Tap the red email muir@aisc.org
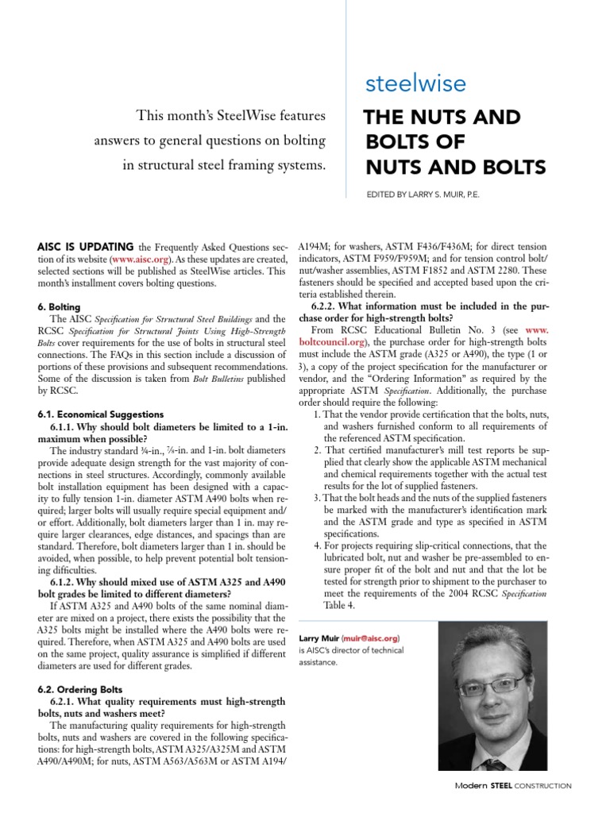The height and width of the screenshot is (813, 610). (372, 638)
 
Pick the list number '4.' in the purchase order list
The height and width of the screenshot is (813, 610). (318, 546)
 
